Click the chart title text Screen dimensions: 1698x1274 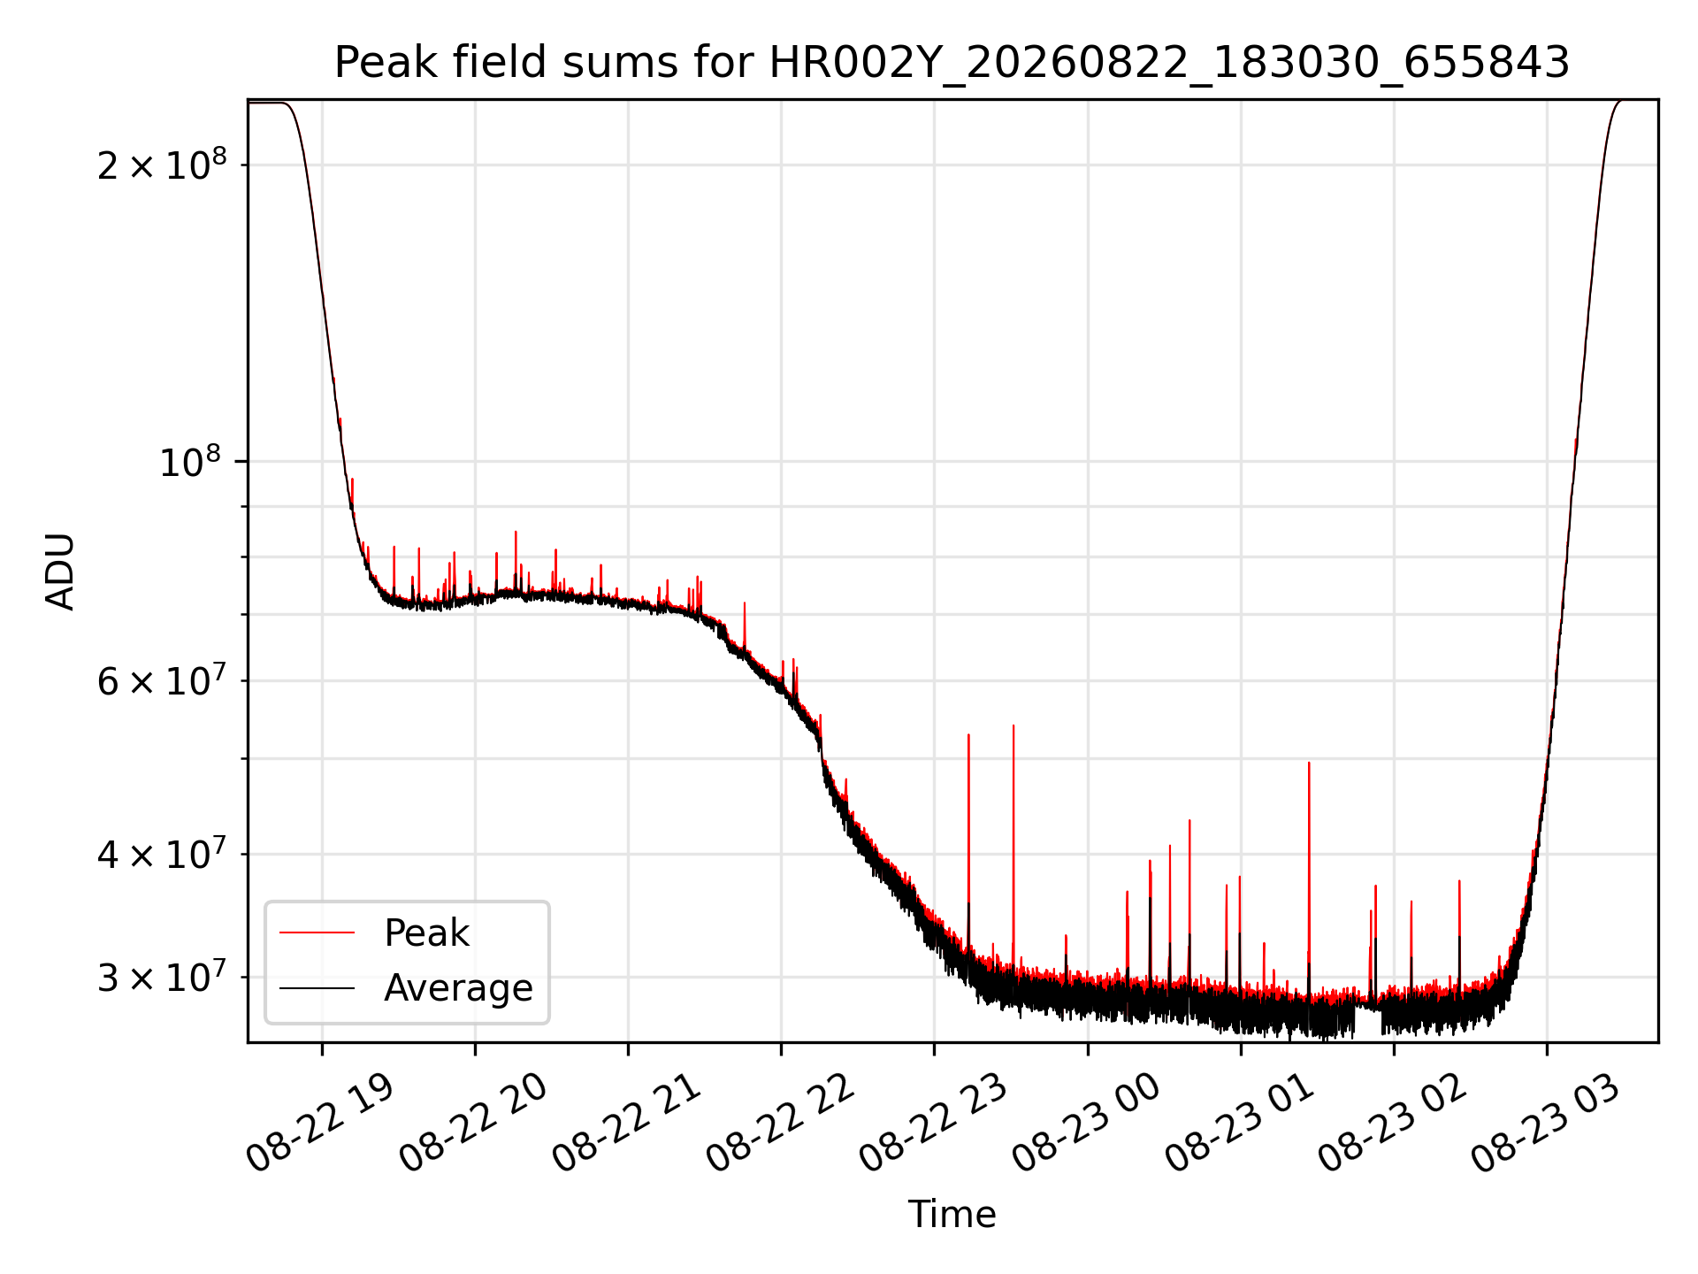952,63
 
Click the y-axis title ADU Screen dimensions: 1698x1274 60,572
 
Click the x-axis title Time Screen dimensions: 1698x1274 952,1215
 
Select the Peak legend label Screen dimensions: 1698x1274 426,933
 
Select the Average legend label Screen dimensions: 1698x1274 458,988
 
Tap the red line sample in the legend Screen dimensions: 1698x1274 317,932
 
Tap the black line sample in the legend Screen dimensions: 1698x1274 317,988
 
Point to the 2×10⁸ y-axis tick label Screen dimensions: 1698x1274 162,164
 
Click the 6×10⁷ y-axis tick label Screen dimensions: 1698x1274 162,680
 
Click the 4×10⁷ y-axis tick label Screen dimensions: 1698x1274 162,854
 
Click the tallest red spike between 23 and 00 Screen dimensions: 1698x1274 1013,849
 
